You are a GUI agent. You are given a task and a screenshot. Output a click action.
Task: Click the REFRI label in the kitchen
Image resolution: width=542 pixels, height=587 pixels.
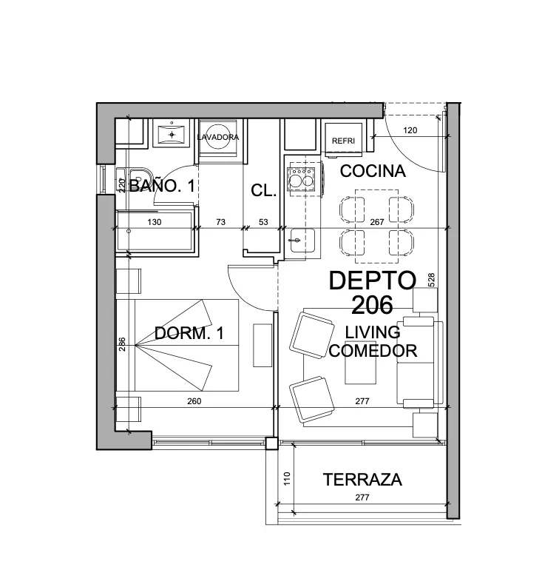tap(343, 141)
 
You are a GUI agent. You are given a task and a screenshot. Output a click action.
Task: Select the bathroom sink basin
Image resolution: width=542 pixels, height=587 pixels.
tap(172, 135)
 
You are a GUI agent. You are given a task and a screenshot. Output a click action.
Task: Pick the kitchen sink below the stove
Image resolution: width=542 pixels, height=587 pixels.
tap(301, 241)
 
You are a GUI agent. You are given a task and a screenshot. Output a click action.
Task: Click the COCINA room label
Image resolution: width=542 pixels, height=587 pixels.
tap(373, 171)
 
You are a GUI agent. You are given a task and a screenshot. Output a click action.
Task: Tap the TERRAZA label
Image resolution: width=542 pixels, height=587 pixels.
tap(362, 480)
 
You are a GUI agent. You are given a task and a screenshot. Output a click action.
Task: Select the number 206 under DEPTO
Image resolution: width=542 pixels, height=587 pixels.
tap(372, 305)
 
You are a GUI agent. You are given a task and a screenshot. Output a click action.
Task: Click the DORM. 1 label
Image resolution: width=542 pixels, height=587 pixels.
tap(189, 333)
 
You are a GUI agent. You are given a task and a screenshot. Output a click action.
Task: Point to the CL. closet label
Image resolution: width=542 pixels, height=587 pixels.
tap(264, 190)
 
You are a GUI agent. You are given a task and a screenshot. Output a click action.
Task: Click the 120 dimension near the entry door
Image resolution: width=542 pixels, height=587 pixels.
tap(410, 130)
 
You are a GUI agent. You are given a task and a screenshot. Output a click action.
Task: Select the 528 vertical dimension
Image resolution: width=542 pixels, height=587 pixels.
tap(431, 280)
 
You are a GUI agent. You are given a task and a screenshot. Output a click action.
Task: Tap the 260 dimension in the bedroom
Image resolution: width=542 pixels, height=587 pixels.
tap(194, 401)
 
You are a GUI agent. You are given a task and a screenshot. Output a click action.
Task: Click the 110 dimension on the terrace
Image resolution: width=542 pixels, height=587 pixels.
tap(287, 479)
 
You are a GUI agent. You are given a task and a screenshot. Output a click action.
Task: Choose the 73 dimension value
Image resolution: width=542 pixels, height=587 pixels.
tap(220, 222)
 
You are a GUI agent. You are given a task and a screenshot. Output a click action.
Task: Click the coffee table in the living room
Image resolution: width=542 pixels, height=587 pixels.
tap(360, 363)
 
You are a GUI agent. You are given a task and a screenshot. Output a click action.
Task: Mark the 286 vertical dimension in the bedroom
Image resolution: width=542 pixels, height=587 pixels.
tap(122, 344)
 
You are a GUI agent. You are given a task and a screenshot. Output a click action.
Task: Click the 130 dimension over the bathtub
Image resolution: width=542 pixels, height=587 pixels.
tap(154, 222)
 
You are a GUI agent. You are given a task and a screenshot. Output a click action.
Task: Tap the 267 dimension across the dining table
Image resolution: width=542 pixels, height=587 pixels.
tap(377, 222)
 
